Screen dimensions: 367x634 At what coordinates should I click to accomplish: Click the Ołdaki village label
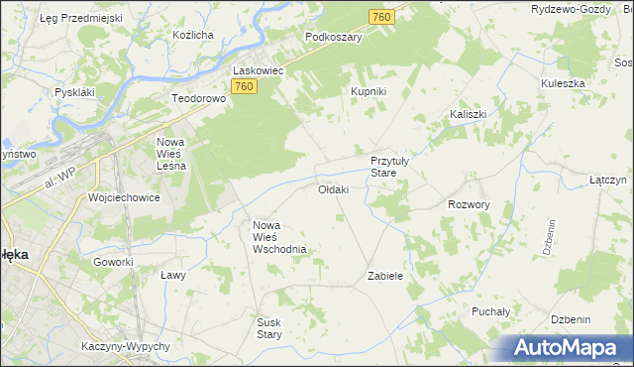pyautogui.click(x=333, y=189)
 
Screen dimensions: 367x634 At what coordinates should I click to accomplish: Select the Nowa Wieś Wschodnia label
pyautogui.click(x=280, y=237)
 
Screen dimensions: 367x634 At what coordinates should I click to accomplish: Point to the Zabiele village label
pyautogui.click(x=385, y=276)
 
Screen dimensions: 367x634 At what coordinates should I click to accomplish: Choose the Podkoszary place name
pyautogui.click(x=334, y=37)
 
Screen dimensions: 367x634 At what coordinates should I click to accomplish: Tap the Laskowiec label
pyautogui.click(x=259, y=71)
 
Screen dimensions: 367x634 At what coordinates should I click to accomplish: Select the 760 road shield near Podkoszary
pyautogui.click(x=381, y=17)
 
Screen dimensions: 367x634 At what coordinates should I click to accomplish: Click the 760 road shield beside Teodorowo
pyautogui.click(x=246, y=88)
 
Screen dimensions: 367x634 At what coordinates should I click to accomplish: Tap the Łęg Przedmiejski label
pyautogui.click(x=79, y=18)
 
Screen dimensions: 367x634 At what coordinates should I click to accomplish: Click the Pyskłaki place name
pyautogui.click(x=74, y=91)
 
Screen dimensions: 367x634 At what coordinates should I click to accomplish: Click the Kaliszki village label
pyautogui.click(x=468, y=114)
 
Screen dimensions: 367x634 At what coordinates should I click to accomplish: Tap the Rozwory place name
pyautogui.click(x=469, y=204)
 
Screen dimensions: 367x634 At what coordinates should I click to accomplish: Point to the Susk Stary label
pyautogui.click(x=269, y=328)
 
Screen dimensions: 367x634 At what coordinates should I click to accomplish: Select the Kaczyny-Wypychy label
pyautogui.click(x=128, y=346)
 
